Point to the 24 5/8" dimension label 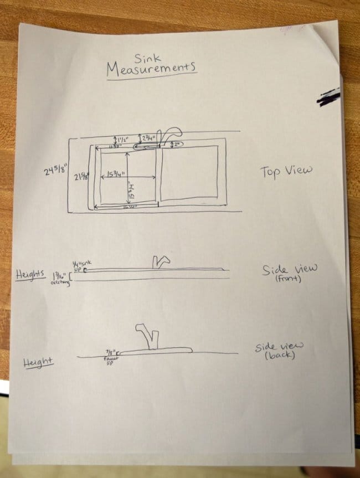56,170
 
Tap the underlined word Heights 30,275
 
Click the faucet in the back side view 147,336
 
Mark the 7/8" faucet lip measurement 110,355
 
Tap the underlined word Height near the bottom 38,363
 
